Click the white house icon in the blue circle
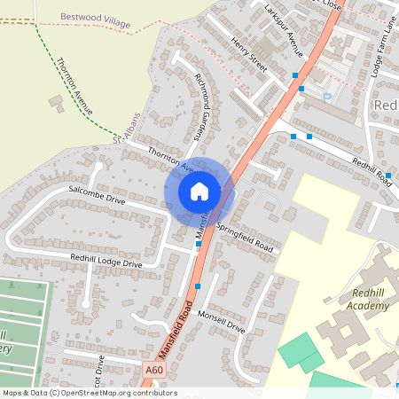tap(199, 191)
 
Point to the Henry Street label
tap(249, 55)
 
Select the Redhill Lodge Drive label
tap(106, 261)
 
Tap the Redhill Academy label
tap(371, 299)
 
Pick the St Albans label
tap(128, 129)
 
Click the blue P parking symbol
tap(326, 97)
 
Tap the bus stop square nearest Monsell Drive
tap(197, 286)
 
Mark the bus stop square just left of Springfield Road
tap(199, 244)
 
